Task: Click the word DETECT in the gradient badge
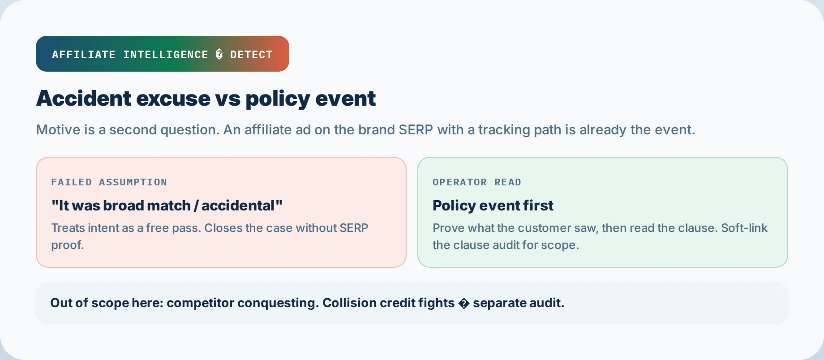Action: [251, 55]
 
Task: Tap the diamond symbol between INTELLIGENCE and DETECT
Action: [219, 55]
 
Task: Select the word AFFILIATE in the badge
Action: [84, 55]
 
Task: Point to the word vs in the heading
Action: [228, 99]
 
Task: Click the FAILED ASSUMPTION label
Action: [109, 182]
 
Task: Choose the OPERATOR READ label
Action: [477, 182]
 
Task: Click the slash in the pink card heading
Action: [196, 206]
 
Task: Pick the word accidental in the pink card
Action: [238, 206]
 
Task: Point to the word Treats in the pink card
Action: [68, 228]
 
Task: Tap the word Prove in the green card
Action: [448, 228]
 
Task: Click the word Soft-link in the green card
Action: [744, 228]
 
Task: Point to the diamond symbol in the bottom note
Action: [464, 303]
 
